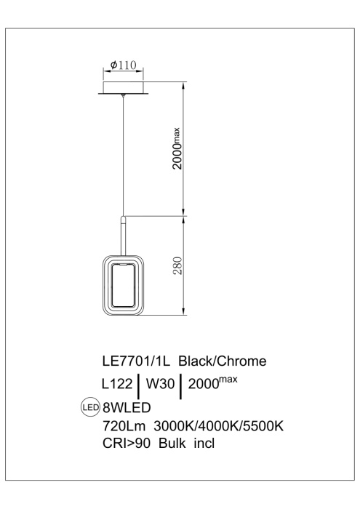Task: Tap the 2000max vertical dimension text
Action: click(x=177, y=148)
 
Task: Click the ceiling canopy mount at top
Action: click(x=124, y=87)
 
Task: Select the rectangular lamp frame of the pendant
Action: click(x=124, y=286)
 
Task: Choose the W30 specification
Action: click(x=162, y=383)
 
